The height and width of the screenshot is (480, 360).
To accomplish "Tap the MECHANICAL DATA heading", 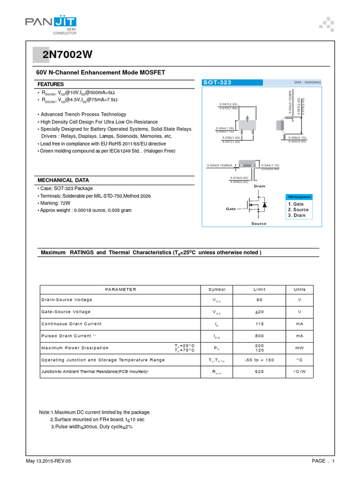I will point(63,180).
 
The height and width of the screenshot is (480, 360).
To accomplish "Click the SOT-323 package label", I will point(217,82).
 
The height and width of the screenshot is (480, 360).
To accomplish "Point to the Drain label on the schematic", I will point(259,186).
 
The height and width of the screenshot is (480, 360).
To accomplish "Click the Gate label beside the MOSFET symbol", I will point(231,209).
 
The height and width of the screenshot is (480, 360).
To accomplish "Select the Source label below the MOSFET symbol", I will point(259,224).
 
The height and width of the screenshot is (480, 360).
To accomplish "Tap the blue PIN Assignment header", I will point(298,197).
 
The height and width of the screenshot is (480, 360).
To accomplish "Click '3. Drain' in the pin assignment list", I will point(297,215).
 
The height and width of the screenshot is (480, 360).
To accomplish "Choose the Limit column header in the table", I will point(259,289).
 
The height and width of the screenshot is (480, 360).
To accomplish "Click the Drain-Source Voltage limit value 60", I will point(259,300).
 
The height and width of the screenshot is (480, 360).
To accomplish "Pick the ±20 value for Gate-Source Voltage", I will point(259,312).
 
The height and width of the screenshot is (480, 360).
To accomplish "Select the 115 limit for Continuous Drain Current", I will point(259,324).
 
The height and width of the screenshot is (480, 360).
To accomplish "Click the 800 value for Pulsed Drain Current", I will point(259,336).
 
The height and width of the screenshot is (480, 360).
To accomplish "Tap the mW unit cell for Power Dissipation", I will point(300,348).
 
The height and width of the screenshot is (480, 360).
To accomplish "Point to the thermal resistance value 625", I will point(259,372).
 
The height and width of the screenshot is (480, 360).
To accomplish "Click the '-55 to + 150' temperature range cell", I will point(259,360).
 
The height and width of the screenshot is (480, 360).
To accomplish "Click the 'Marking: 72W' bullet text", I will point(55,203).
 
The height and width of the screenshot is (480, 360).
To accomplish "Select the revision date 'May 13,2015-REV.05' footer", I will point(49,461).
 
